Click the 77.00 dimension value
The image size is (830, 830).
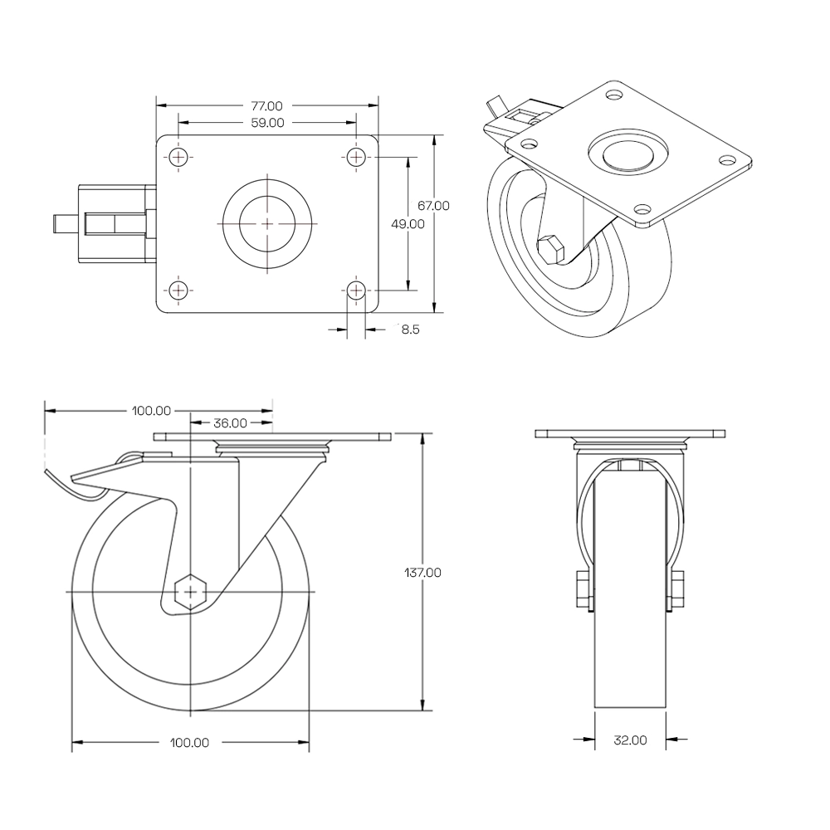pos(267,106)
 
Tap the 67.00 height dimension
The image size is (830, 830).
pos(434,206)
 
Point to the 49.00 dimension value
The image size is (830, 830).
pos(408,223)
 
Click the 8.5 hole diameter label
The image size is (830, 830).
pos(410,330)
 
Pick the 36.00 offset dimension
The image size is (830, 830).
pos(230,422)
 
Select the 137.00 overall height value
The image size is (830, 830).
pos(422,572)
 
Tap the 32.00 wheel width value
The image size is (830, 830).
pos(630,740)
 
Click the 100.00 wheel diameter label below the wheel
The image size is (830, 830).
pos(190,743)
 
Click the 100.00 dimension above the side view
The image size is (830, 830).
pos(151,410)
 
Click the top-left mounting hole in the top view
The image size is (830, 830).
pos(178,157)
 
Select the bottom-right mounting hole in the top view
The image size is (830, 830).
pos(356,290)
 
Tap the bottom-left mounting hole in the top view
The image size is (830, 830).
pos(178,290)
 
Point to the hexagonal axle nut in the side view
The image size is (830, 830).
pos(191,592)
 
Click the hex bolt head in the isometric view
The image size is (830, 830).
pos(550,248)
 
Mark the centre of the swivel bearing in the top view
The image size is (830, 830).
pos(268,223)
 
